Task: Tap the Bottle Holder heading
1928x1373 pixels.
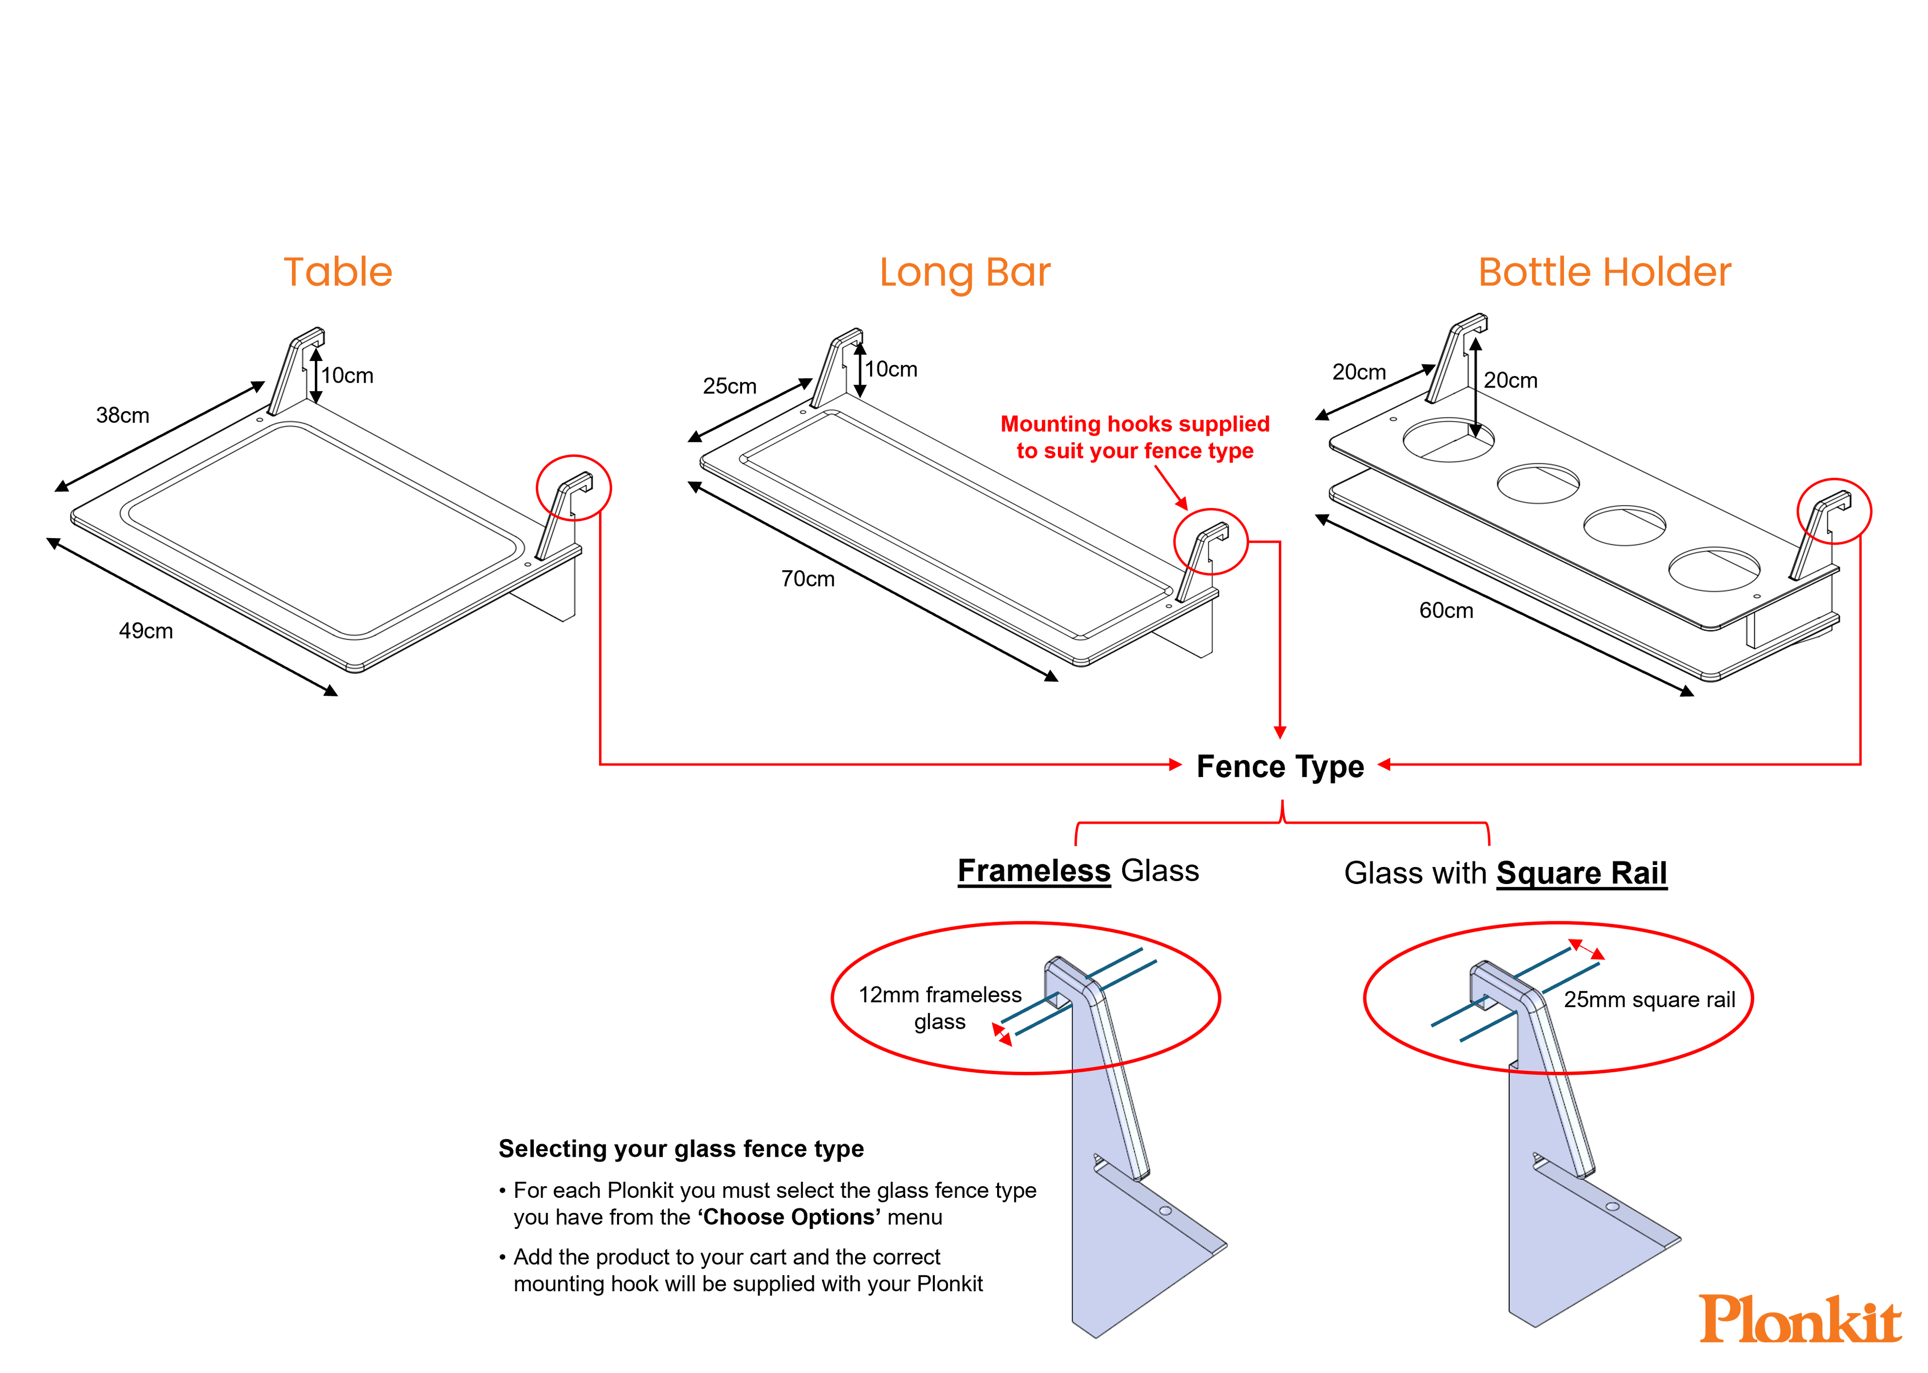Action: [x=1604, y=272]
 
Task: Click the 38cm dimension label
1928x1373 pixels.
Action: [x=123, y=415]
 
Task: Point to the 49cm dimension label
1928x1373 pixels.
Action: [x=146, y=631]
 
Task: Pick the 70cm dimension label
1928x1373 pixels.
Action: [x=807, y=579]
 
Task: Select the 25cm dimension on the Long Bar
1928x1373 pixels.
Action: [x=729, y=387]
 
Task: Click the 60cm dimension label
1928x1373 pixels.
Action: [x=1446, y=610]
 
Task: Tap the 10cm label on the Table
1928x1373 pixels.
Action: [x=347, y=376]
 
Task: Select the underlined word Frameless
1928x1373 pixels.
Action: [x=1033, y=871]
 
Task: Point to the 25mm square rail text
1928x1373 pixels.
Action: [x=1649, y=1000]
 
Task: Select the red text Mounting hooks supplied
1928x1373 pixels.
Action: [x=1135, y=424]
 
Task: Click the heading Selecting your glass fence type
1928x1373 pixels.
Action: [x=681, y=1149]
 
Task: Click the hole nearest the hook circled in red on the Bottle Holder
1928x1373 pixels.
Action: [x=1714, y=569]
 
